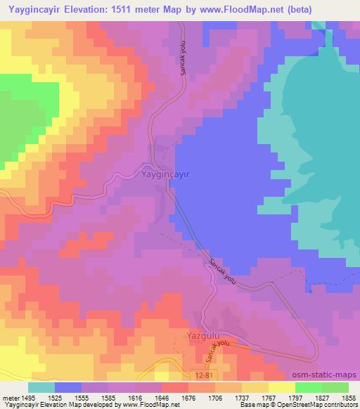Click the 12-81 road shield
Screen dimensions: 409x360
(202, 377)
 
